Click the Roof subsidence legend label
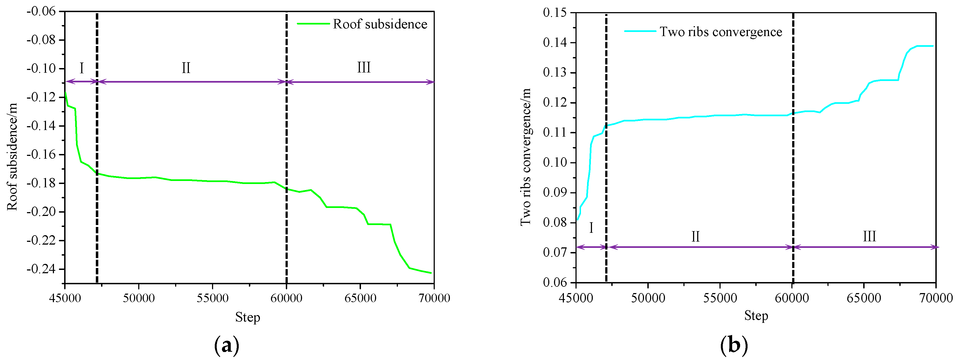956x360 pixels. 380,24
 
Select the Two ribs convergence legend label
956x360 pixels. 721,32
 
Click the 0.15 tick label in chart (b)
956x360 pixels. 555,13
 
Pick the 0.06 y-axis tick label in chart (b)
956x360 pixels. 555,282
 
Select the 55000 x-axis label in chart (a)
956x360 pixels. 212,298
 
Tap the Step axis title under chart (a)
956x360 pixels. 248,317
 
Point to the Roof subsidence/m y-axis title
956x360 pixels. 12,157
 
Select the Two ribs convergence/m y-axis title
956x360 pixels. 526,157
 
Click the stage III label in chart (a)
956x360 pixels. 364,67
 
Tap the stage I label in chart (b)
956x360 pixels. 591,228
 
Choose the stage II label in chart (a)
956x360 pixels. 186,68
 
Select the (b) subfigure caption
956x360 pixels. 734,345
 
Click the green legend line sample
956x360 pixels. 313,24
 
